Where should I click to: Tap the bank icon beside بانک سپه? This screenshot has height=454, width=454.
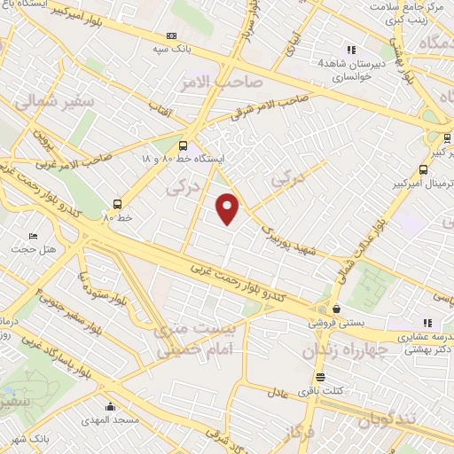click(171, 35)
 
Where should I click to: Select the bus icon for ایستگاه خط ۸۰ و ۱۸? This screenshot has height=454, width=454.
click(183, 145)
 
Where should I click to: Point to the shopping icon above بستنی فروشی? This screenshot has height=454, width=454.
click(337, 309)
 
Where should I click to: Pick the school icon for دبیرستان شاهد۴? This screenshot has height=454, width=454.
click(352, 51)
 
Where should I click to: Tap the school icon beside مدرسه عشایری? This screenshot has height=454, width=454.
click(427, 323)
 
